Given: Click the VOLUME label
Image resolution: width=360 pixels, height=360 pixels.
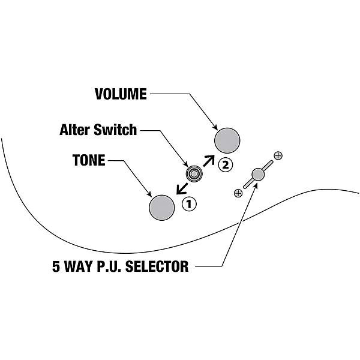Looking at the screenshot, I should [121, 94].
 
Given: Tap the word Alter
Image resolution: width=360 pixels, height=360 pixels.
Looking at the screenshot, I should [75, 130].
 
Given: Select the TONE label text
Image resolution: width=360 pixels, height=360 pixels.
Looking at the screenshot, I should [89, 160].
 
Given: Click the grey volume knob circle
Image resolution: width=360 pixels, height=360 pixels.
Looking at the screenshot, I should [227, 140].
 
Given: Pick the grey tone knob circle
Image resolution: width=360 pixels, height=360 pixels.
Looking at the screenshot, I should [161, 207].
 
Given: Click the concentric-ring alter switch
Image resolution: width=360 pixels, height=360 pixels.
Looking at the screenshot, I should [194, 174].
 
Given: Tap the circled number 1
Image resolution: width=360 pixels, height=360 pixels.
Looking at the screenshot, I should [189, 204].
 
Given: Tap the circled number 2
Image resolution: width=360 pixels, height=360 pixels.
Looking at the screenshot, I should [224, 164].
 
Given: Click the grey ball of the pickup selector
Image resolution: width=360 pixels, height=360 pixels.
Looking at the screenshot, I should [258, 175].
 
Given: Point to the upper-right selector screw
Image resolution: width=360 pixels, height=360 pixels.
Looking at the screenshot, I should [278, 155].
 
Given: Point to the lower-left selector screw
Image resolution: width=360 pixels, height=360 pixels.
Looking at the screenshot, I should [238, 193].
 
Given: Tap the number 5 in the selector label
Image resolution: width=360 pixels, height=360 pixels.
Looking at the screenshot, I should [56, 266].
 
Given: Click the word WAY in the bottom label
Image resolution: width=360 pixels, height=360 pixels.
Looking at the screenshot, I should [78, 266].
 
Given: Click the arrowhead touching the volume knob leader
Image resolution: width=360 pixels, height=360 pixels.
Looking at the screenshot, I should [214, 126].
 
